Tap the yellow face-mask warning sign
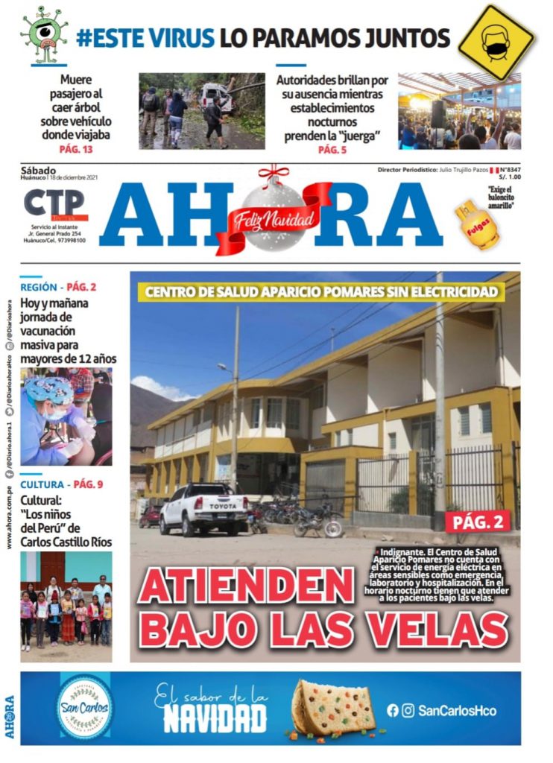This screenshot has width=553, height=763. [496, 42]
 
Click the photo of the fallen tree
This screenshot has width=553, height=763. [201, 110]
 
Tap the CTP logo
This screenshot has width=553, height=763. [55, 205]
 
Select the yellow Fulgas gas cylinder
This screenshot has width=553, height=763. [477, 224]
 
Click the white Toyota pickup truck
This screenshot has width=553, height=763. [203, 507]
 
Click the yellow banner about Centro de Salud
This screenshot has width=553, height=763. [321, 292]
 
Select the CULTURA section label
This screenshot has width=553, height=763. [42, 484]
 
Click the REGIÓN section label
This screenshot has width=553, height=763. [39, 287]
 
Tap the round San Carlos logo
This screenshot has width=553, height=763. [85, 706]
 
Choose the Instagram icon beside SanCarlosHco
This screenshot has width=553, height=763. [408, 711]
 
